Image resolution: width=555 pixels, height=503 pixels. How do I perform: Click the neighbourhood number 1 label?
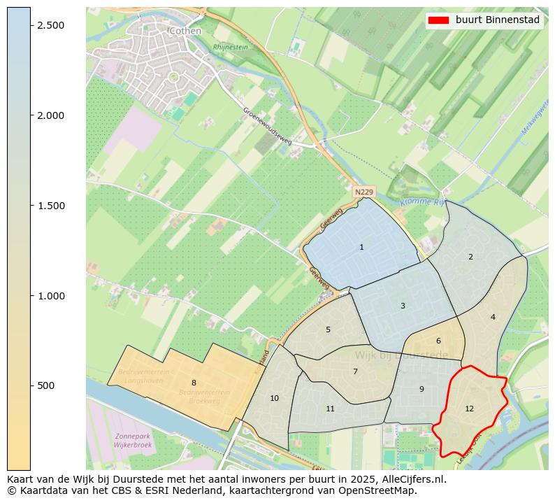pos(361,247)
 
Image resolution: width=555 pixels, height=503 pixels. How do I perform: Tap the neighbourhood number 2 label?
pos(470,257)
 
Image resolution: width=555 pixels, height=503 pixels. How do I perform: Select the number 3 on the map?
pos(403,306)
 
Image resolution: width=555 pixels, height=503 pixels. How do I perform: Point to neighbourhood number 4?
pos(493,317)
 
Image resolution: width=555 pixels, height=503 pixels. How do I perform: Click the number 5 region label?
pos(328,330)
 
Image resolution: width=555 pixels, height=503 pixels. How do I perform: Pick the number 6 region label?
pos(438,341)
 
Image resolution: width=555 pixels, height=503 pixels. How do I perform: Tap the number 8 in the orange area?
pos(194,383)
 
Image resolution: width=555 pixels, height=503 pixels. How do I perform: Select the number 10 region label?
pos(274,398)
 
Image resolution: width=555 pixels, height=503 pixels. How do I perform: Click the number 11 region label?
pos(330,409)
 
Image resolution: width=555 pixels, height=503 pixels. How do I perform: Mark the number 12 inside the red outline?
pos(469,409)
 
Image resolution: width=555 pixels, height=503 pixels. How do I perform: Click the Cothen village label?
pos(185,31)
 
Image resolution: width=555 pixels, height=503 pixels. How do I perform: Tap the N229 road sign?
pos(364,192)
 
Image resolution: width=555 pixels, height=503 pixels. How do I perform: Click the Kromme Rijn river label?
pos(424,202)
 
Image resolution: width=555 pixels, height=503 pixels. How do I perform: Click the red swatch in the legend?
pos(439,20)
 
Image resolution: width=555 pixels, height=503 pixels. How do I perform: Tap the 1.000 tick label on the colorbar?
pos(50,296)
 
